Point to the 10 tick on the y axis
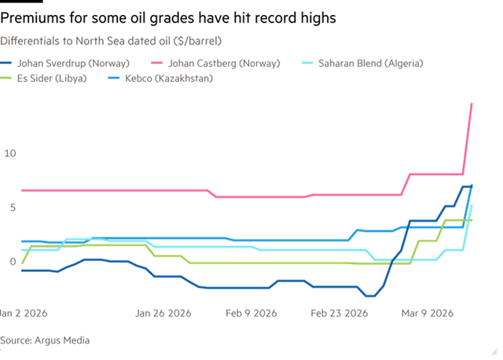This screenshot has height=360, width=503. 9,152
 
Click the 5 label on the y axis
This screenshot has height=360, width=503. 11,207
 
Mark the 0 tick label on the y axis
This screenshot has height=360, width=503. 11,261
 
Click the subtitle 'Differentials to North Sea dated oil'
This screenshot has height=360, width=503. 110,39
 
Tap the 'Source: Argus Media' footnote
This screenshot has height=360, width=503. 44,340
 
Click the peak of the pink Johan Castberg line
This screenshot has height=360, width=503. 472,103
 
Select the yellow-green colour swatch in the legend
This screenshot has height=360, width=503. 8,78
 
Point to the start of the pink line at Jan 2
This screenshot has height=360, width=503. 21,189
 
